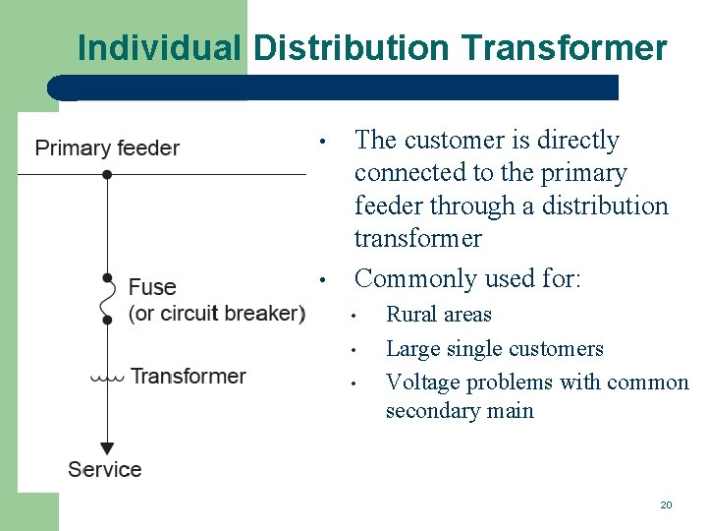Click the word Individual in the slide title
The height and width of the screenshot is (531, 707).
(x=157, y=47)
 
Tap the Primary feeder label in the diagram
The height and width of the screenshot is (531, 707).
(x=107, y=148)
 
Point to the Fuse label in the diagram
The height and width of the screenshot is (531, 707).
(x=152, y=287)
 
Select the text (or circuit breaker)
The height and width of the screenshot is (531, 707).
(x=217, y=313)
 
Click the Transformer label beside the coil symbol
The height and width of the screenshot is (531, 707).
(x=188, y=376)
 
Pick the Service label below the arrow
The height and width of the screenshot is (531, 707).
(x=105, y=469)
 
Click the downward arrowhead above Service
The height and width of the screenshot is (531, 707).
(x=107, y=448)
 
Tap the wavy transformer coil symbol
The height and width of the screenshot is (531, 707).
(x=107, y=377)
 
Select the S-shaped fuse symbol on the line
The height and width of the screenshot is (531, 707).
(x=107, y=299)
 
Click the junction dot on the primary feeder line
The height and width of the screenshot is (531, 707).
(x=107, y=174)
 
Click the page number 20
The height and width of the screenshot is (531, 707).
(x=666, y=504)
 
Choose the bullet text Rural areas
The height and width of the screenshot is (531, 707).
(x=438, y=315)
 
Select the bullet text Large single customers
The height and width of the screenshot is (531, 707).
(x=494, y=348)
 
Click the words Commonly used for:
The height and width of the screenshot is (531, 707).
(x=468, y=278)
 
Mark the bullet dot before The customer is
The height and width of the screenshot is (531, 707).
(x=321, y=142)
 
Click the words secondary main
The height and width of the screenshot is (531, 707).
(x=460, y=411)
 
